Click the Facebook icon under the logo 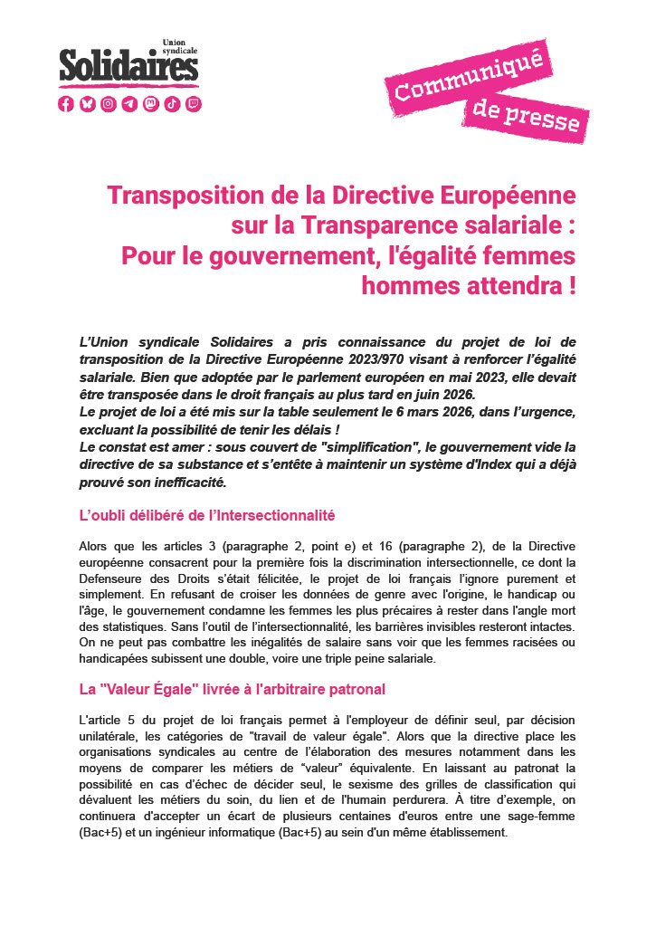coord(66,104)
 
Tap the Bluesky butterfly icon coord(87,104)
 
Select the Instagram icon coord(109,104)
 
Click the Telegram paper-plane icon coord(130,104)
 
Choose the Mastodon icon coord(151,104)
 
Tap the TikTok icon coord(173,104)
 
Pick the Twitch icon coord(194,104)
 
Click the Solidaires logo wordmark coord(128,65)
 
